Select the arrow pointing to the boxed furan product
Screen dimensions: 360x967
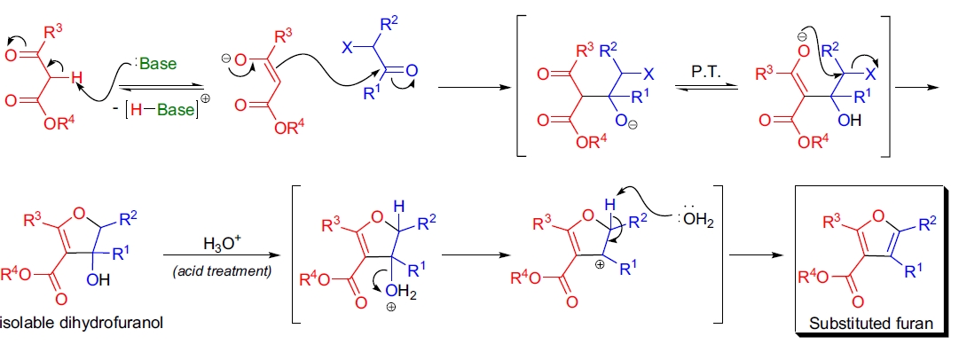[762, 257]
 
